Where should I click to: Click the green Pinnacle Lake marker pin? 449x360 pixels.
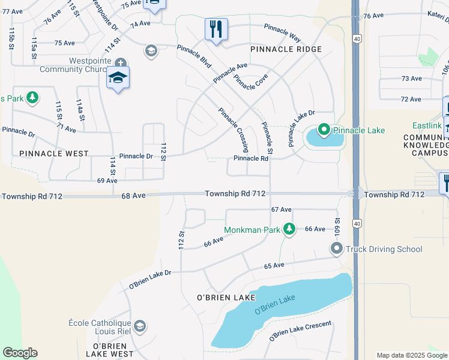click(x=324, y=130)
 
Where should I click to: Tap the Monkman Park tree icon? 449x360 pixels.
click(x=289, y=229)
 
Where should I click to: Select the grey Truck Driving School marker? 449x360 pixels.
click(x=336, y=248)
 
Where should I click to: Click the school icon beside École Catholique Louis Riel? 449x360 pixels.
click(x=140, y=326)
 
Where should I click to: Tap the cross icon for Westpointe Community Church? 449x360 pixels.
click(x=120, y=62)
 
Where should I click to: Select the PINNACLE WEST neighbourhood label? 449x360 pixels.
click(x=54, y=154)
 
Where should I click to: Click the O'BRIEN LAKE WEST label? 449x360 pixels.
click(x=110, y=350)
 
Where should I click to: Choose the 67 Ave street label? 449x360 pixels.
click(x=281, y=209)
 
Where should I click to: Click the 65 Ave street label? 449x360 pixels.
click(x=273, y=265)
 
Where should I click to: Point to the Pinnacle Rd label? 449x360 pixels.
click(x=250, y=158)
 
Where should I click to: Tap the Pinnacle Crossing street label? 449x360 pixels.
click(x=234, y=129)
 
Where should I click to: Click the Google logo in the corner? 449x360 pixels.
click(x=20, y=353)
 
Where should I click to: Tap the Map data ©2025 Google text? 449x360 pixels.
click(x=411, y=355)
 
